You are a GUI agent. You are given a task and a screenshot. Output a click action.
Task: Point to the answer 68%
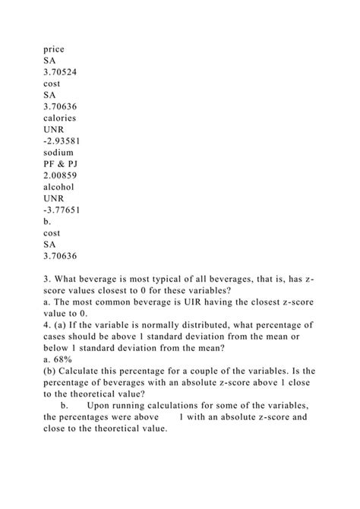pos(60,356)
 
